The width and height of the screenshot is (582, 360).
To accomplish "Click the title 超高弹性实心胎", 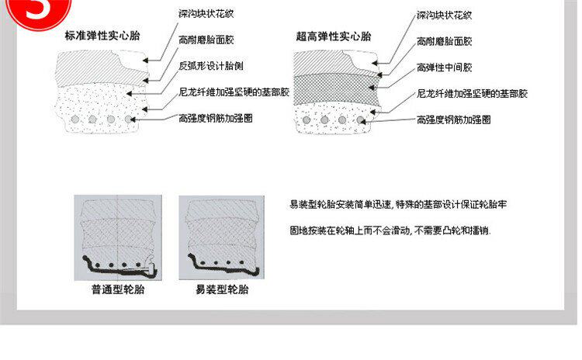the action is (334, 36).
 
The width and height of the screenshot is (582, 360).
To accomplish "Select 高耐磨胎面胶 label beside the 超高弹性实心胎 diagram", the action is (444, 40).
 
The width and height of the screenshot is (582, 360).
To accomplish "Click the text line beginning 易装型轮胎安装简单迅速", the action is (397, 205).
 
